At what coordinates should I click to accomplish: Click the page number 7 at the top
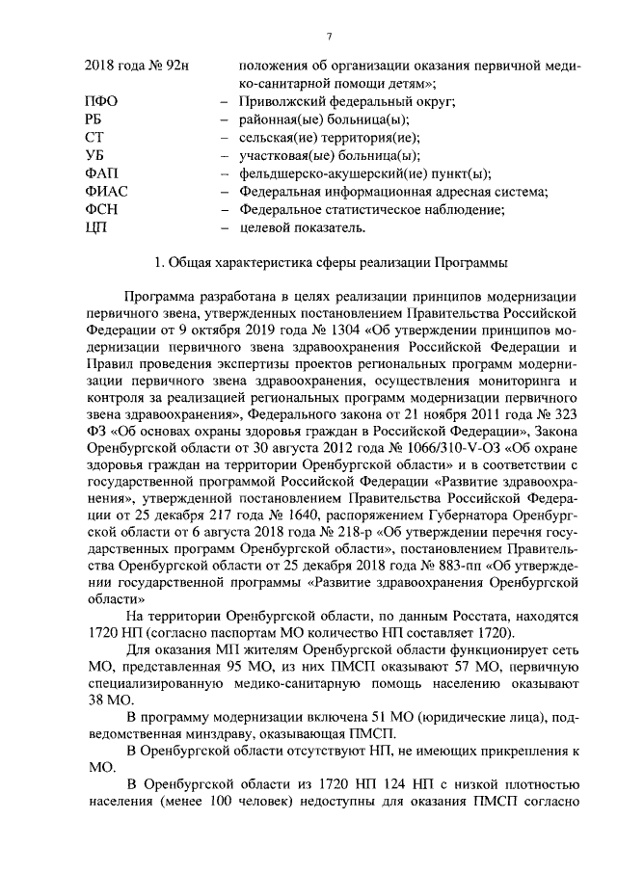(x=329, y=37)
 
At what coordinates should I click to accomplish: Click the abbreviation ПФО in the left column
(x=101, y=102)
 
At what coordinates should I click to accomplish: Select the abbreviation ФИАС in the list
(x=107, y=192)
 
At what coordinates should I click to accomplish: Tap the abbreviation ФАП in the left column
(x=103, y=173)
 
